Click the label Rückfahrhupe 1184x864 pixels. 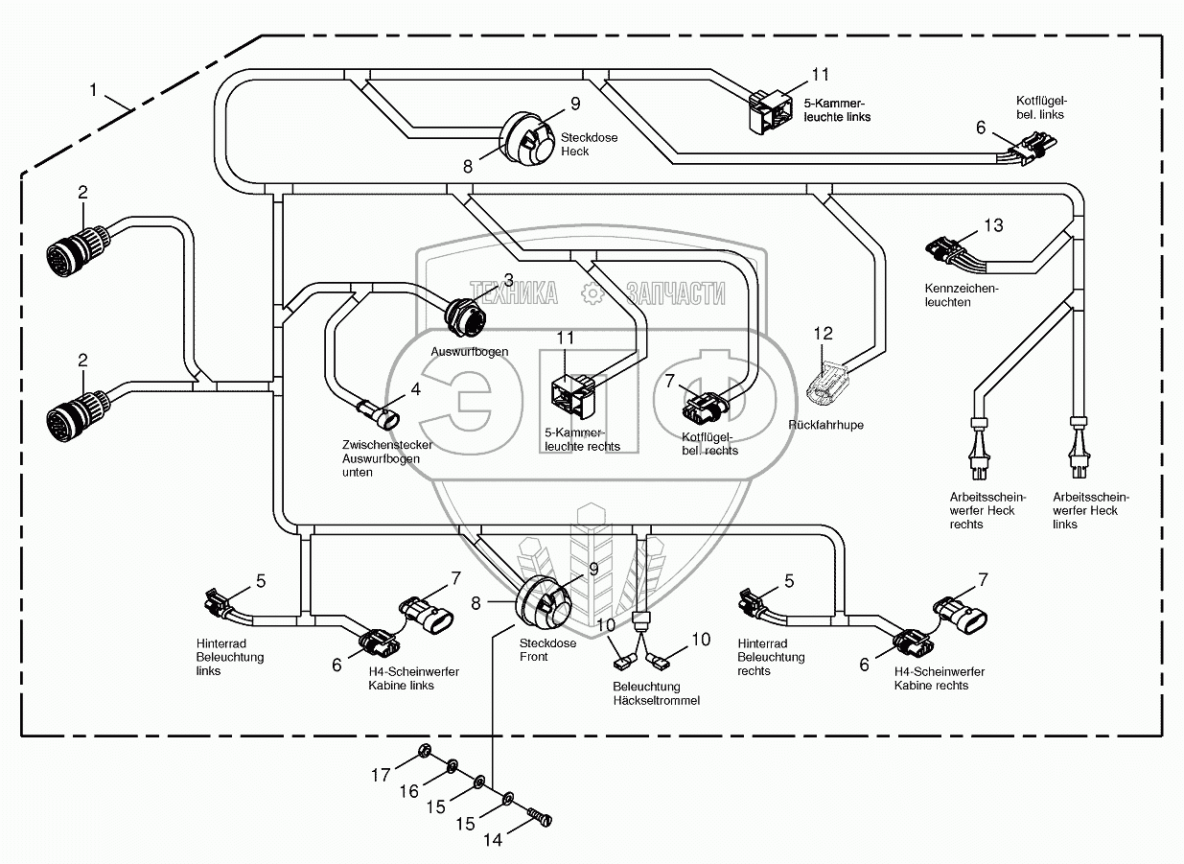coord(825,425)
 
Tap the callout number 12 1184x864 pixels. coord(824,334)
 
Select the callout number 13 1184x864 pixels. coord(993,225)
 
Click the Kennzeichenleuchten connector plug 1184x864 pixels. coord(944,254)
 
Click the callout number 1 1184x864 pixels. coord(93,89)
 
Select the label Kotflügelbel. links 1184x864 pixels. coord(1041,107)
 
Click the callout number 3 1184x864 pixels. coord(509,279)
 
